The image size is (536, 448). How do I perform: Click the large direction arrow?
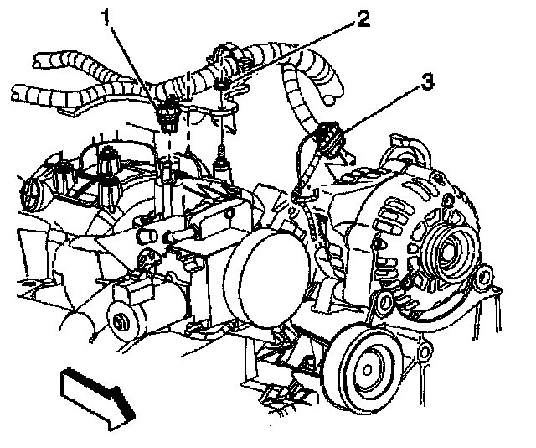[x=93, y=393]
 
